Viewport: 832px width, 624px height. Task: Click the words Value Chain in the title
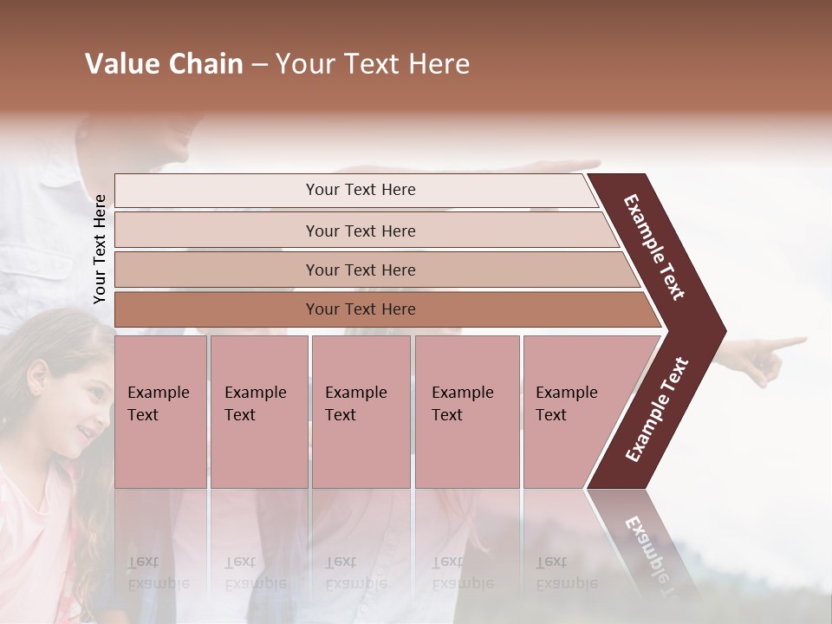click(x=164, y=64)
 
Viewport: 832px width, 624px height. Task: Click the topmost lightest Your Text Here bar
click(x=360, y=190)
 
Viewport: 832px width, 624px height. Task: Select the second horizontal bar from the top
click(x=360, y=231)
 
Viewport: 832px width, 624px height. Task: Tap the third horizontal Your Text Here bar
click(x=360, y=270)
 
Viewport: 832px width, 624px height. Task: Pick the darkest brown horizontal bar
click(x=360, y=309)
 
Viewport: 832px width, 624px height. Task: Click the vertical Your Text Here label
click(x=101, y=249)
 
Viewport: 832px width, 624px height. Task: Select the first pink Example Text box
click(x=160, y=412)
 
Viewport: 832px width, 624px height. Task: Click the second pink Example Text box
click(x=258, y=412)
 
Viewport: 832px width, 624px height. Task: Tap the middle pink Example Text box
click(x=361, y=412)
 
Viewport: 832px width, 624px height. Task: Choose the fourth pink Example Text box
click(x=466, y=412)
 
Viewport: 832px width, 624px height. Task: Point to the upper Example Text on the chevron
click(x=654, y=247)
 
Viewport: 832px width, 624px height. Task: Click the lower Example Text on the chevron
click(x=657, y=410)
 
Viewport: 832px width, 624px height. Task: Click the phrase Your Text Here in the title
click(x=373, y=64)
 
